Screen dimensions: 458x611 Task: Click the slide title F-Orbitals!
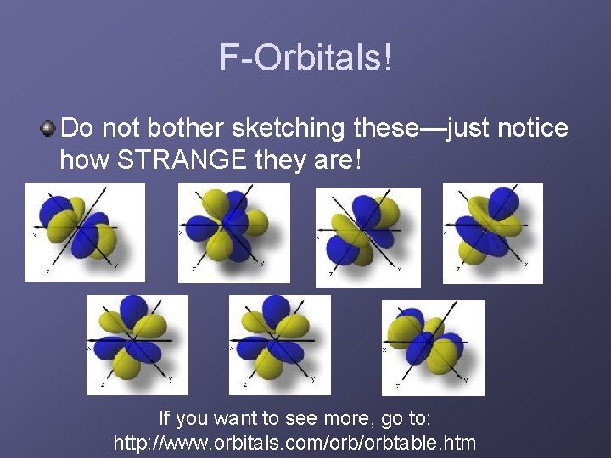[x=306, y=59]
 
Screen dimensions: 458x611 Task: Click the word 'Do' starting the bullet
[x=77, y=129]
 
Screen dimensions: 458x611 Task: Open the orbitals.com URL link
[x=294, y=443]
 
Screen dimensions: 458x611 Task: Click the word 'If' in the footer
[x=167, y=418]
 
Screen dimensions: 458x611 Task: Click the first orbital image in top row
[x=84, y=232]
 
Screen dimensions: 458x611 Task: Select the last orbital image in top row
[x=492, y=233]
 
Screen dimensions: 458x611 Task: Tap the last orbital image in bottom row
[x=433, y=347]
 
